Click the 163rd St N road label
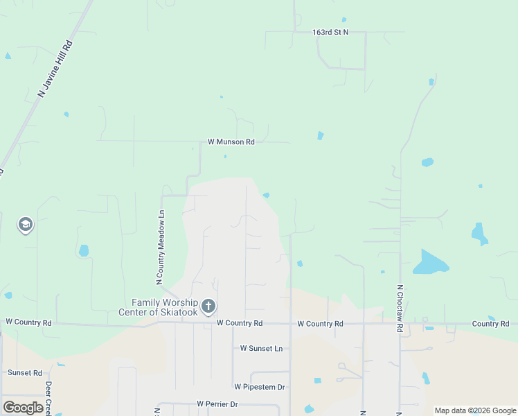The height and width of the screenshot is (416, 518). click(330, 32)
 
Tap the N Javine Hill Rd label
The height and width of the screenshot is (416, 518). click(55, 68)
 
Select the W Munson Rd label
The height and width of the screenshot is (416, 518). click(231, 141)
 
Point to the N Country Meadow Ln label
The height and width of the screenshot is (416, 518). click(160, 248)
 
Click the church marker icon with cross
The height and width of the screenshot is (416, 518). click(208, 306)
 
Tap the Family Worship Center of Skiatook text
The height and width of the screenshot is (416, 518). click(165, 306)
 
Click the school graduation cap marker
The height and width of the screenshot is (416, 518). click(26, 225)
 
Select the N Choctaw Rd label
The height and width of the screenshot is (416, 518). click(400, 309)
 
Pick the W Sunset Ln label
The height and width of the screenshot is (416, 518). click(261, 349)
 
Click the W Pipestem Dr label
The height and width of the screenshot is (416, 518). click(260, 387)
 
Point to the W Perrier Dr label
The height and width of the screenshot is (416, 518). click(217, 404)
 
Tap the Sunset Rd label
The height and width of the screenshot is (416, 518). click(25, 372)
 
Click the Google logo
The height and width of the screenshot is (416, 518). click(23, 408)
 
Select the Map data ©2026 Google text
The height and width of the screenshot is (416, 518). click(475, 410)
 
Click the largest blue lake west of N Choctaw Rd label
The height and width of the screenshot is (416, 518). click(430, 263)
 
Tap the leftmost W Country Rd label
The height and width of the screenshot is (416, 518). click(28, 322)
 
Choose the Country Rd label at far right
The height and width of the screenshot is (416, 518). click(490, 324)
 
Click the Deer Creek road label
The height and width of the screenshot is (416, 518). click(48, 397)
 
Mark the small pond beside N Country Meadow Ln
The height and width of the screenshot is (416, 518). click(84, 250)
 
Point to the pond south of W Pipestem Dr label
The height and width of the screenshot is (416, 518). click(309, 409)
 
